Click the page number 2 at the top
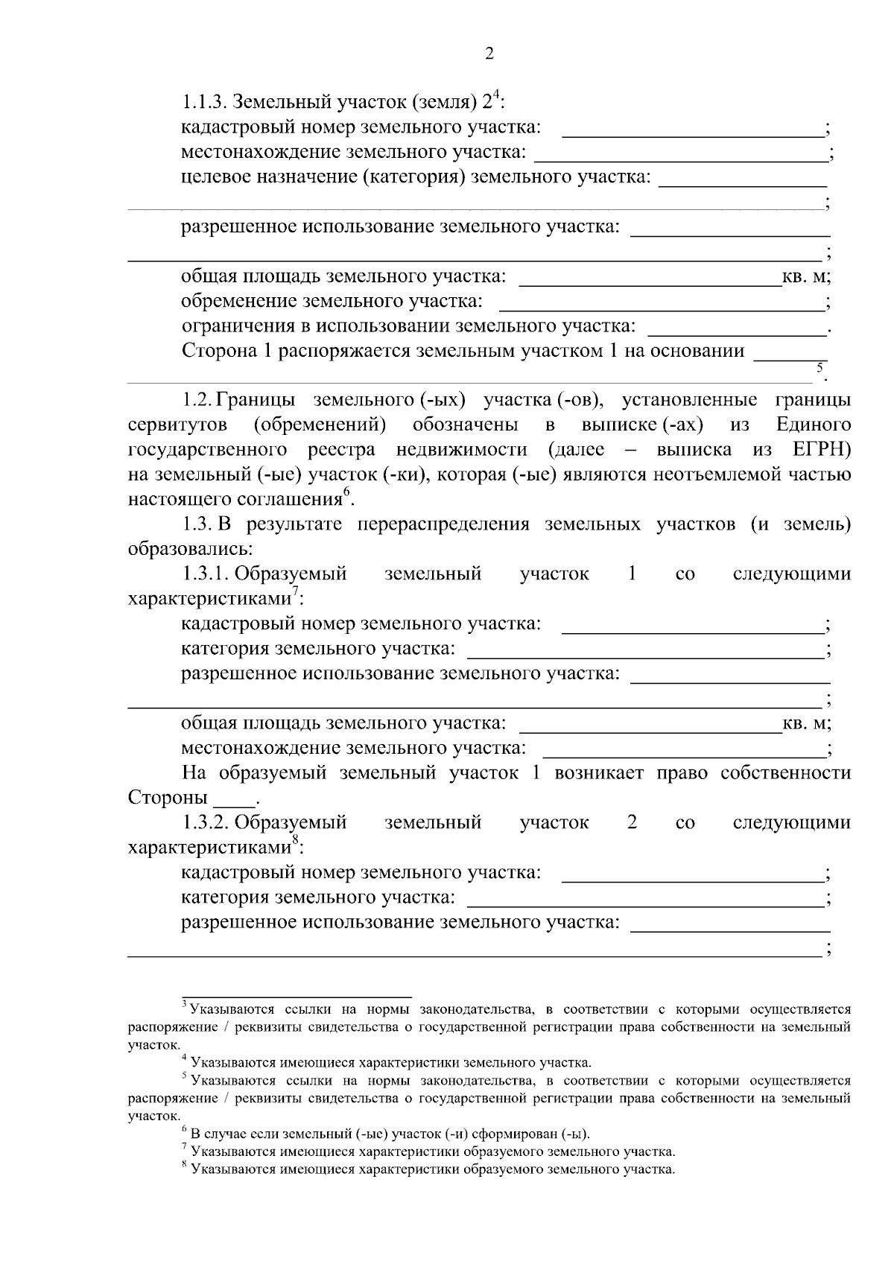[489, 54]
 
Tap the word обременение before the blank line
[240, 302]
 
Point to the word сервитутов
[177, 425]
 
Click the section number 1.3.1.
[206, 574]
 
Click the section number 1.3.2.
[206, 822]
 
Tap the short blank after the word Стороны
[234, 798]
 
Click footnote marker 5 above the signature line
[819, 367]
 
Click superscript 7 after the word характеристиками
[295, 591]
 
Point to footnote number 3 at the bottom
[184, 1006]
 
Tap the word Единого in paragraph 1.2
[814, 425]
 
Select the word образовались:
[191, 549]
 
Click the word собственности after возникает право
[785, 772]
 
